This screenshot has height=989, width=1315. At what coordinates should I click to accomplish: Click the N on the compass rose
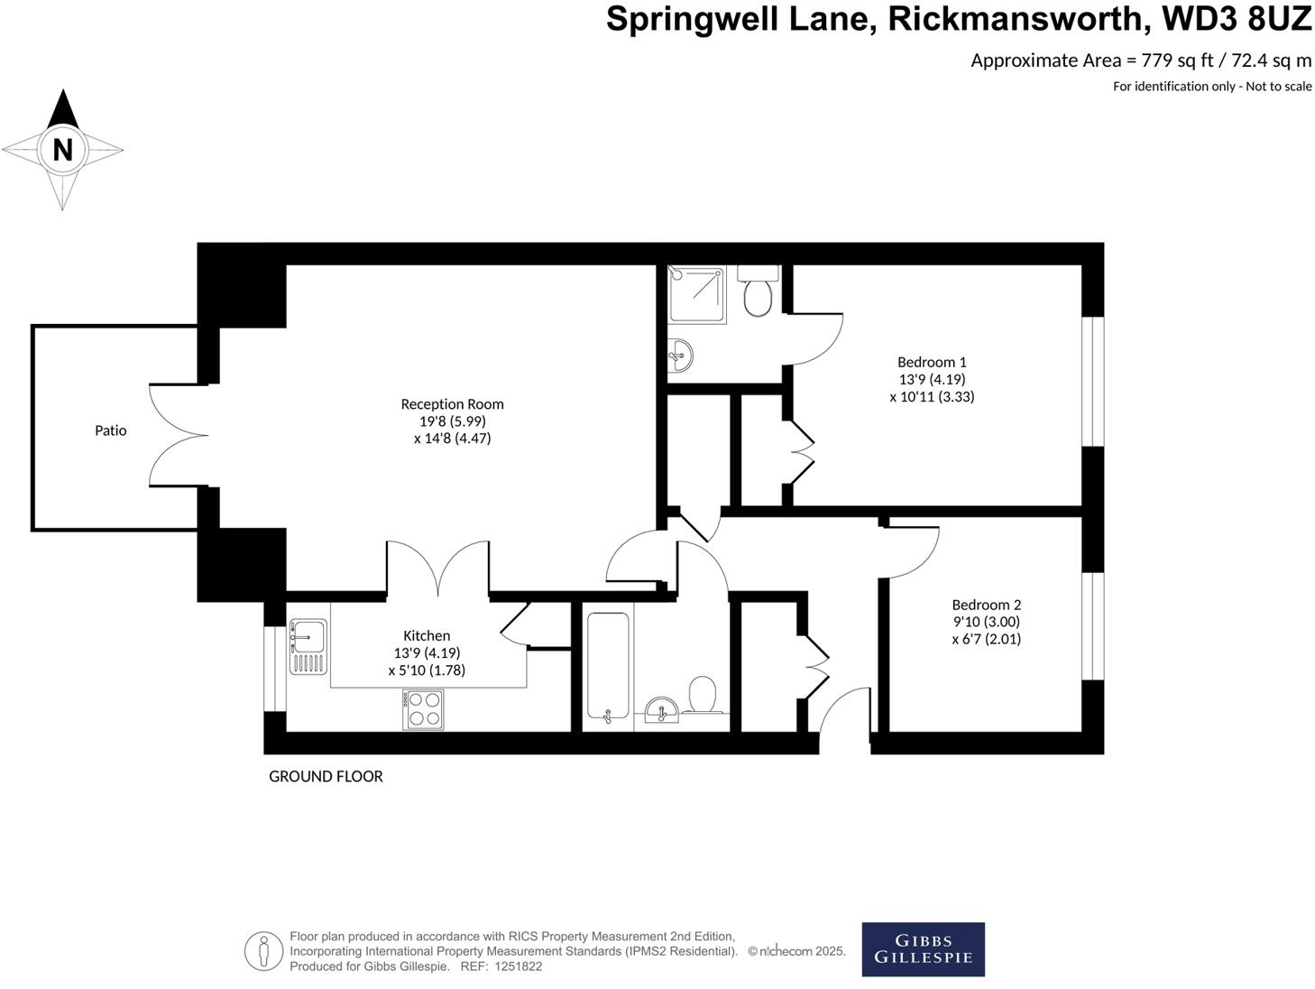click(x=62, y=150)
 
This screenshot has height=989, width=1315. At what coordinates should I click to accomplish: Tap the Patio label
click(x=111, y=430)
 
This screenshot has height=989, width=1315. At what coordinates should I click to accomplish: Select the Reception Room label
click(x=452, y=404)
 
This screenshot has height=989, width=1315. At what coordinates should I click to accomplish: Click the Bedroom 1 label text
click(x=932, y=362)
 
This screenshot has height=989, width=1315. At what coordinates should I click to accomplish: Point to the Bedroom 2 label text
click(x=986, y=605)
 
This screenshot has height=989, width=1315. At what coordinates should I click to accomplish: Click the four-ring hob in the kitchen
click(x=425, y=708)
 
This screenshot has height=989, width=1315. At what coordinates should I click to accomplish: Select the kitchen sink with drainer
click(x=307, y=647)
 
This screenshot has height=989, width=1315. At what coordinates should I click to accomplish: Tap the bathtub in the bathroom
click(x=608, y=667)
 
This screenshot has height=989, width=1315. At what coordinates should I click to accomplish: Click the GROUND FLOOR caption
click(x=326, y=776)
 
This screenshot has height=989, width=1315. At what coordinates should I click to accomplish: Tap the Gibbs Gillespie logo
click(x=923, y=948)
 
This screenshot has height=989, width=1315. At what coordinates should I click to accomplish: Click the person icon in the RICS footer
click(x=263, y=950)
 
